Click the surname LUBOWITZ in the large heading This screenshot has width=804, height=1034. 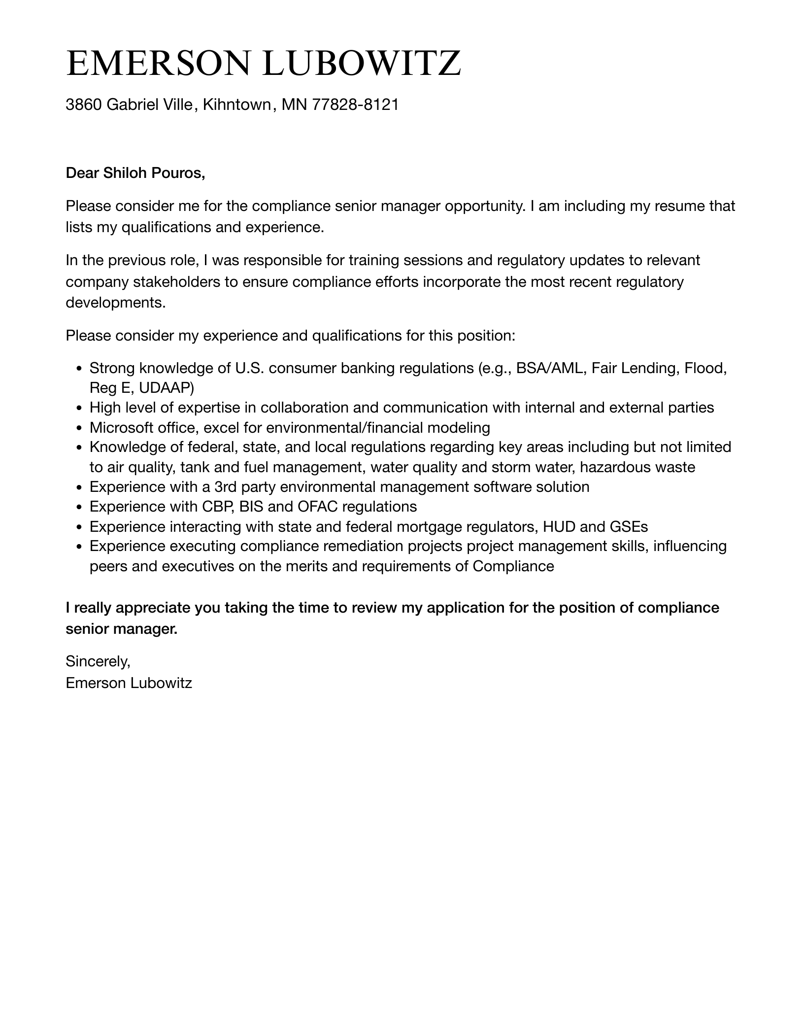pos(362,63)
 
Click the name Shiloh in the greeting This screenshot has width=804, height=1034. pos(122,173)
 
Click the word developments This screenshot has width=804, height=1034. pos(114,302)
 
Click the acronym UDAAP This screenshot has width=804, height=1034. pos(166,388)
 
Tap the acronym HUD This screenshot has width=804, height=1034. pos(559,526)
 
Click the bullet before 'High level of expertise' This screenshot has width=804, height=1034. pos(80,408)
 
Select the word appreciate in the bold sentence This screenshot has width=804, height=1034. pos(152,608)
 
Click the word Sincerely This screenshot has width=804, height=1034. pos(98,661)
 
